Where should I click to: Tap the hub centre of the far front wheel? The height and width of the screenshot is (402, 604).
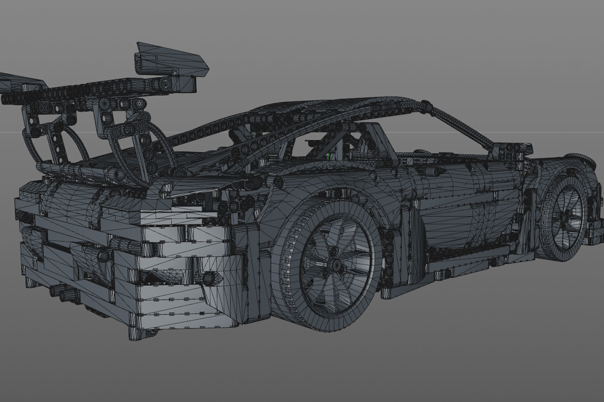[567, 216]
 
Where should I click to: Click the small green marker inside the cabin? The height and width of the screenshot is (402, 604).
[328, 155]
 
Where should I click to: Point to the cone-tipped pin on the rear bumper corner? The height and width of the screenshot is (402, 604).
[209, 278]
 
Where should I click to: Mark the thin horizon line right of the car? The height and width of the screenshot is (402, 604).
[566, 132]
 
